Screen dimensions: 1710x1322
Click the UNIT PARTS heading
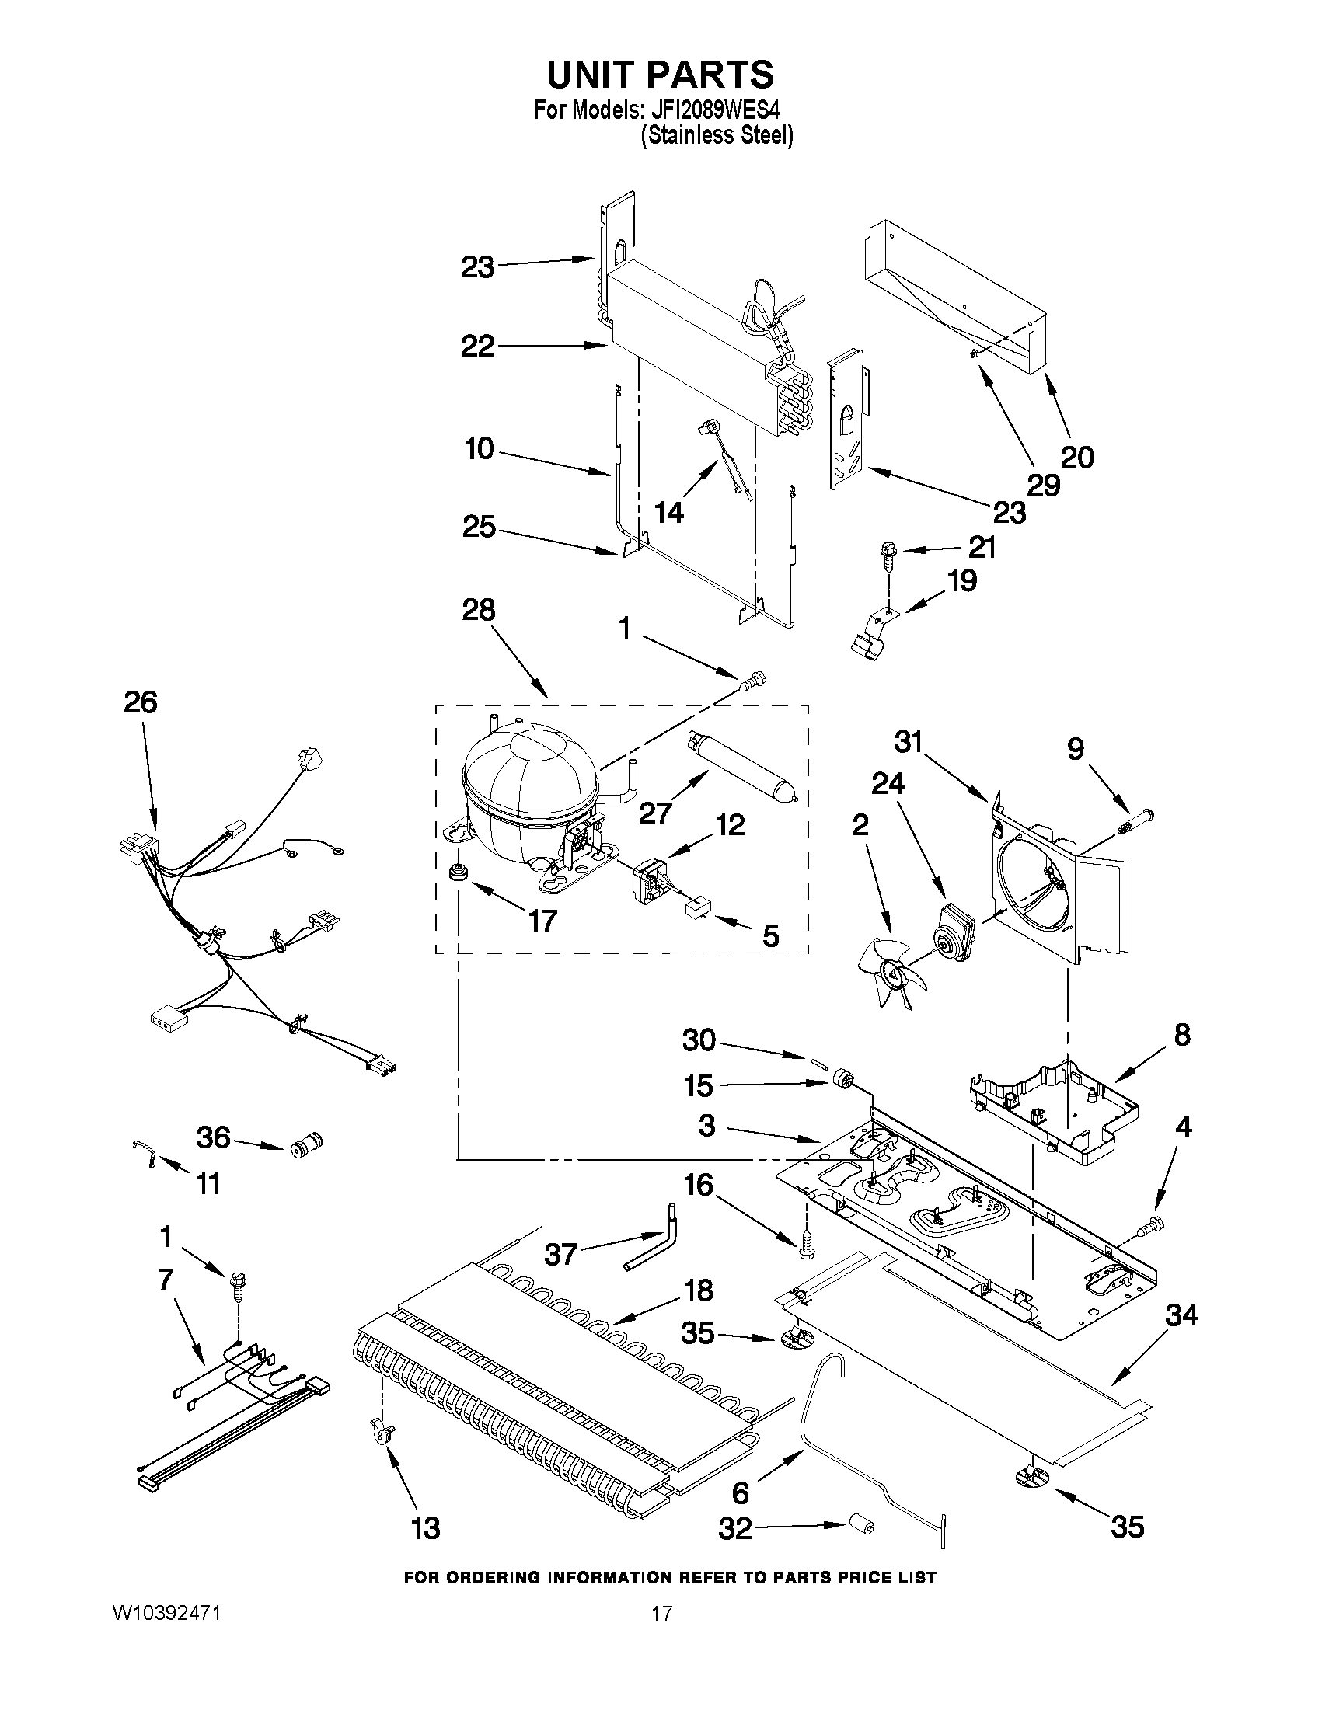pyautogui.click(x=660, y=75)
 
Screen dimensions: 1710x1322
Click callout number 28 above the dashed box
pyautogui.click(x=479, y=609)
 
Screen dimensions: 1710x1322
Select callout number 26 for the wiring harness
pyautogui.click(x=140, y=702)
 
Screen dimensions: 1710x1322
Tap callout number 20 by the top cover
pyautogui.click(x=1077, y=457)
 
